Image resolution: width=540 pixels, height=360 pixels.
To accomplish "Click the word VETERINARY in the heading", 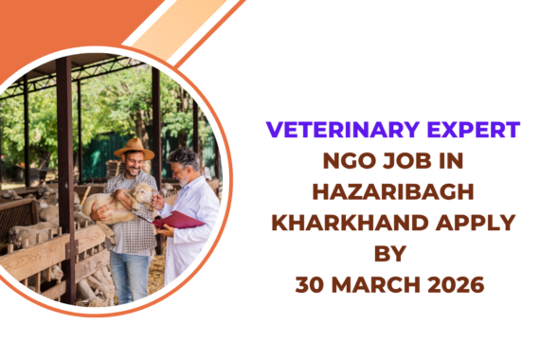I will coord(320,131).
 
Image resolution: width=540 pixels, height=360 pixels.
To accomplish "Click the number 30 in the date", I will coord(311,284).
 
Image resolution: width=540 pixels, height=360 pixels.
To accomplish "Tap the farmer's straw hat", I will coord(134,148).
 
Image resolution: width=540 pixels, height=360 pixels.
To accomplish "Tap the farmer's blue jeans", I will coord(130,275).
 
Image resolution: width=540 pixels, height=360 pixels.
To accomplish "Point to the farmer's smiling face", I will coord(135,167).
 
